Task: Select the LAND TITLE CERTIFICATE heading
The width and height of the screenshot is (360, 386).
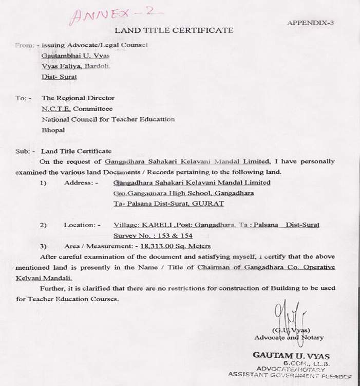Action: [x=174, y=31]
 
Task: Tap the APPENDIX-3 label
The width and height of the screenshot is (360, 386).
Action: [x=310, y=23]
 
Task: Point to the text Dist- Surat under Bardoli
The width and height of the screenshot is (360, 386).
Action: [x=59, y=77]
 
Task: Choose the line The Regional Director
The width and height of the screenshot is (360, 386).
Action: [x=78, y=98]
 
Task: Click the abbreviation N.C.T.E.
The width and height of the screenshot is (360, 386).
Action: [x=56, y=108]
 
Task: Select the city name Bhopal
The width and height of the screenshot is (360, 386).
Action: [x=53, y=130]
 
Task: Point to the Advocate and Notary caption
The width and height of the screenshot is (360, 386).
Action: [x=289, y=338]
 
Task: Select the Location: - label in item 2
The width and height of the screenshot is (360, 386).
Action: [x=82, y=225]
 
